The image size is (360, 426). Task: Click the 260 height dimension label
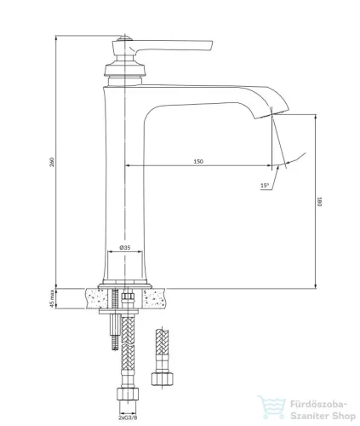click(x=52, y=161)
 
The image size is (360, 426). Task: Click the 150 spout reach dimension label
click(x=198, y=161)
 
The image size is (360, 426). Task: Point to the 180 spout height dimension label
click(x=319, y=201)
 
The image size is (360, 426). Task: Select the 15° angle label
click(x=265, y=186)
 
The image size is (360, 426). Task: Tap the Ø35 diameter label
click(x=125, y=247)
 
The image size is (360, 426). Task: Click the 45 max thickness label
click(x=52, y=298)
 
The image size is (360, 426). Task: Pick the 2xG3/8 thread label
click(x=128, y=417)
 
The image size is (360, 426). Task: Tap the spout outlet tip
click(x=271, y=114)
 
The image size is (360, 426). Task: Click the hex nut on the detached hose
click(x=163, y=379)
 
